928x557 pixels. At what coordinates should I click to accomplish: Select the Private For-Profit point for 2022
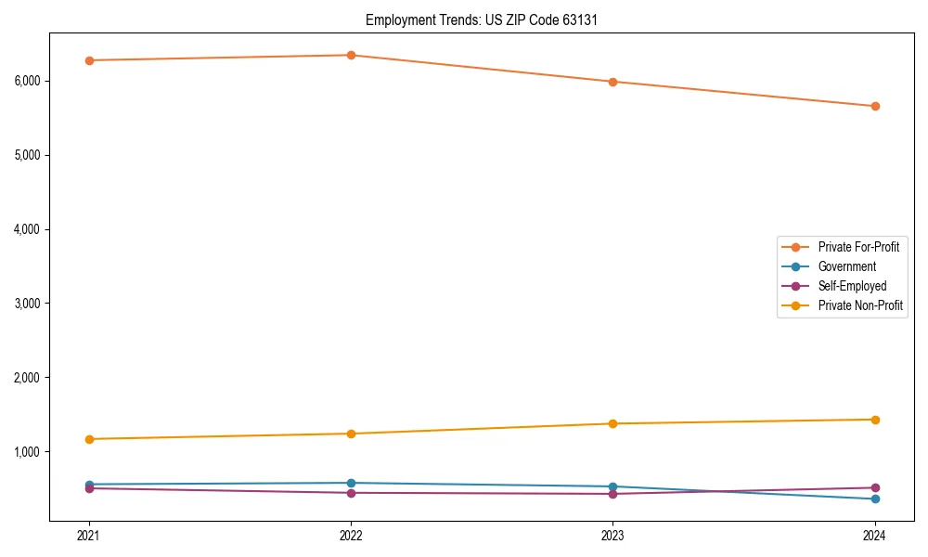pyautogui.click(x=351, y=55)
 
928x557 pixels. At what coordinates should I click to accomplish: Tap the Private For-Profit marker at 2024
pyautogui.click(x=875, y=106)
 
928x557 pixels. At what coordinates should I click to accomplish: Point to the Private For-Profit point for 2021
pyautogui.click(x=89, y=60)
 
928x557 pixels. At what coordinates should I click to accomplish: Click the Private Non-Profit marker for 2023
pyautogui.click(x=612, y=423)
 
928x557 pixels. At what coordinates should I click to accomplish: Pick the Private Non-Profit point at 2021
pyautogui.click(x=89, y=439)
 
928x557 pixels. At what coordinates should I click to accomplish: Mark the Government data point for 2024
pyautogui.click(x=875, y=499)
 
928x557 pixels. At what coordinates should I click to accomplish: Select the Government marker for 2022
pyautogui.click(x=351, y=483)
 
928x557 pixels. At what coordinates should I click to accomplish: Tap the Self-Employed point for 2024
pyautogui.click(x=875, y=487)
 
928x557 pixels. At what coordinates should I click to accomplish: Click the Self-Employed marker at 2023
pyautogui.click(x=612, y=494)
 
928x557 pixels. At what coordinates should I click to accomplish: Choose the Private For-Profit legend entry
pyautogui.click(x=858, y=247)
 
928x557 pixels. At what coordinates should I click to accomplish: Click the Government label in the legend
pyautogui.click(x=846, y=266)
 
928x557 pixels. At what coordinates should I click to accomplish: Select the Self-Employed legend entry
pyautogui.click(x=852, y=286)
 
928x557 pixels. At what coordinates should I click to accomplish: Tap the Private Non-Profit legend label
pyautogui.click(x=860, y=305)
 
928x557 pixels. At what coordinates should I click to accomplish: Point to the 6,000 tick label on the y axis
pyautogui.click(x=28, y=81)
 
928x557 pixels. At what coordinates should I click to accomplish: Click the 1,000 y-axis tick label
pyautogui.click(x=28, y=452)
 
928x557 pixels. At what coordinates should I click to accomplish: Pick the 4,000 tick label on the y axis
pyautogui.click(x=28, y=229)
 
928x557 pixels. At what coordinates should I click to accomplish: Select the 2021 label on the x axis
pyautogui.click(x=89, y=535)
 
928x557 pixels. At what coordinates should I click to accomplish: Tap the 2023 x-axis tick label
pyautogui.click(x=612, y=535)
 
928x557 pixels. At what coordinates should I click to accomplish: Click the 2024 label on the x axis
pyautogui.click(x=875, y=535)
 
